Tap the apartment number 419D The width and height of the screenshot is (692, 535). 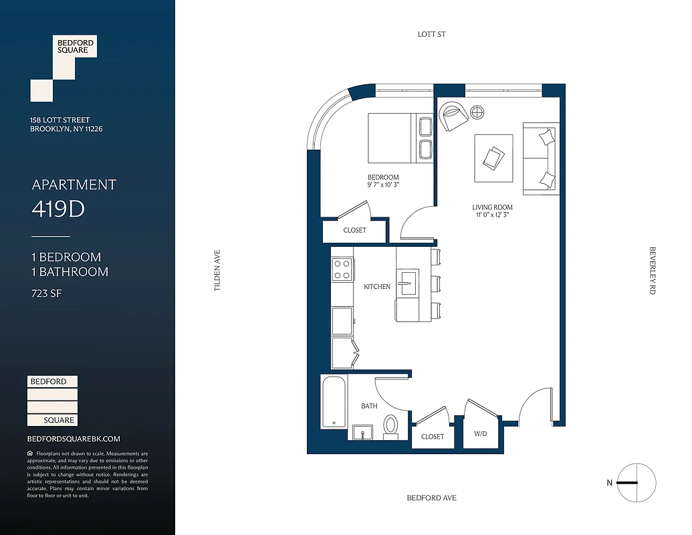58,209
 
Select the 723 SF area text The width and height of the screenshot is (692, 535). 46,293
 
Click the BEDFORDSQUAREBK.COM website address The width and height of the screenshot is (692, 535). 74,439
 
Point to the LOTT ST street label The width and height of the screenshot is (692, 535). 431,34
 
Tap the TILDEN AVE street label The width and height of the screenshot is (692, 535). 217,270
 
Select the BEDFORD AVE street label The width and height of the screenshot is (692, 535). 431,498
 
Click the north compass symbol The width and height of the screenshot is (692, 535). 636,482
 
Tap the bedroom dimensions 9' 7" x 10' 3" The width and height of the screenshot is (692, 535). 383,185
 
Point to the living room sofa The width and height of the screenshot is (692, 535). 540,158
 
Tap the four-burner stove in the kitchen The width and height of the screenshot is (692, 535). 342,269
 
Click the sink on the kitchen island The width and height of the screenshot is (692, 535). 407,284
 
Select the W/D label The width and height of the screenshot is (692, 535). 481,434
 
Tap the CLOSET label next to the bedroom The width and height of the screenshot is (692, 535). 354,230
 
